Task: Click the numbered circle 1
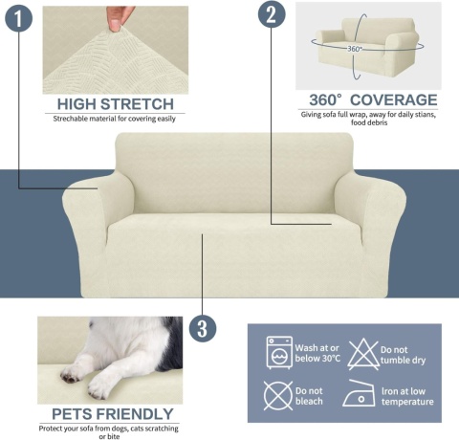click(18, 18)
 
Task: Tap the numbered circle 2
click(272, 14)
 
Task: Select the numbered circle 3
click(203, 329)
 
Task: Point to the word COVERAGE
click(394, 99)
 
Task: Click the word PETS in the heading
click(73, 414)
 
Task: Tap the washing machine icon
click(279, 353)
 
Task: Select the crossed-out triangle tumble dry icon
click(363, 354)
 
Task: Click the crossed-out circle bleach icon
click(278, 395)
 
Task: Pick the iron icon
click(359, 393)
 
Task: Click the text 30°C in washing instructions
click(331, 359)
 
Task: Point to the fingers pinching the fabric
click(119, 18)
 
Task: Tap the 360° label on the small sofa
click(355, 49)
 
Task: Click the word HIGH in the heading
click(76, 104)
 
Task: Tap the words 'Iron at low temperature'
click(407, 396)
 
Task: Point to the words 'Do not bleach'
click(309, 396)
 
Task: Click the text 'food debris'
click(369, 122)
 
